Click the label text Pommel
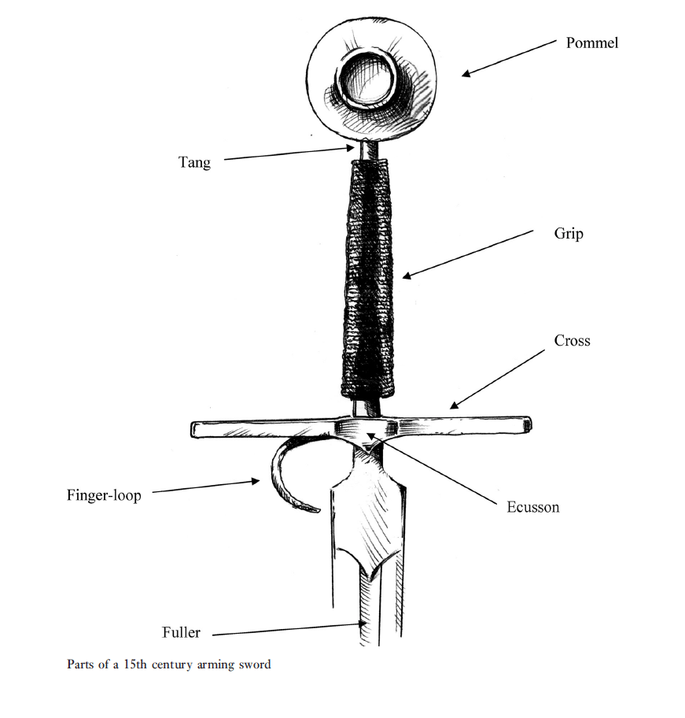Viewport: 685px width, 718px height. pyautogui.click(x=591, y=43)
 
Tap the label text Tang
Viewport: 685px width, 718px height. pyautogui.click(x=193, y=162)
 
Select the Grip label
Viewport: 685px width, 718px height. pyautogui.click(x=569, y=234)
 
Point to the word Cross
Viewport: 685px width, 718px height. pyautogui.click(x=572, y=340)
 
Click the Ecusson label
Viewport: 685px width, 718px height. pyautogui.click(x=532, y=506)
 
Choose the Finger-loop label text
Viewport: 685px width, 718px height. pyautogui.click(x=104, y=495)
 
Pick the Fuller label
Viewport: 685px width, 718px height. pyautogui.click(x=181, y=632)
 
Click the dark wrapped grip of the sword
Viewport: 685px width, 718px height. pyautogui.click(x=368, y=276)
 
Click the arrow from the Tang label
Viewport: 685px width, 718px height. pyautogui.click(x=287, y=153)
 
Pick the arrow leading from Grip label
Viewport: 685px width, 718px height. pyautogui.click(x=467, y=254)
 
